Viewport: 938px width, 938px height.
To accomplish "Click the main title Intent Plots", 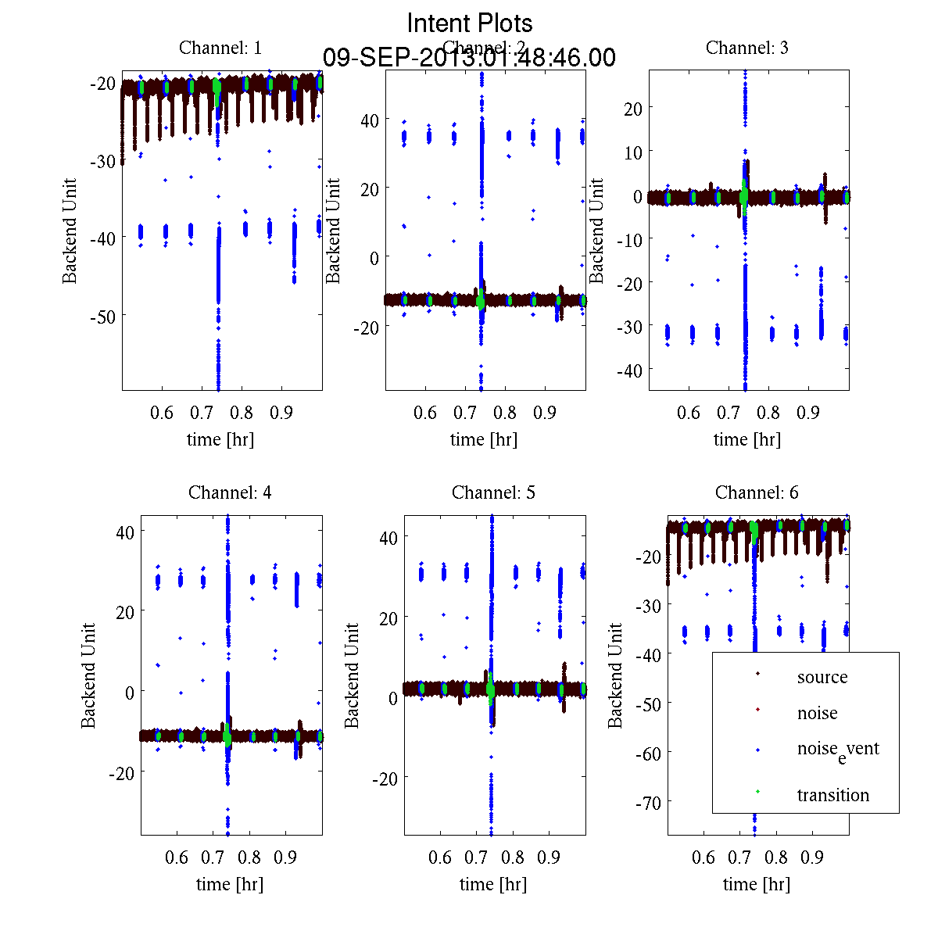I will [x=470, y=23].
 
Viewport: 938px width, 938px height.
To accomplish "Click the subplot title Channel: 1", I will [x=220, y=48].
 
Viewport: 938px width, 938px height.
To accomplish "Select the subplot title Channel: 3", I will [x=746, y=48].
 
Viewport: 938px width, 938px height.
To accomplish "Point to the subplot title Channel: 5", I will [x=493, y=492].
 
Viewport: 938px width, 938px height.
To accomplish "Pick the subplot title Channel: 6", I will [x=757, y=492].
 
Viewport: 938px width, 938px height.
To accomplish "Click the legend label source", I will [x=822, y=677].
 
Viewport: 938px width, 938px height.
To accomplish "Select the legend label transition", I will [x=832, y=795].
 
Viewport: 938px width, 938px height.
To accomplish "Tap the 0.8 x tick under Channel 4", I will [x=249, y=857].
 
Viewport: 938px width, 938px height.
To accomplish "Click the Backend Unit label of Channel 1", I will [x=70, y=231].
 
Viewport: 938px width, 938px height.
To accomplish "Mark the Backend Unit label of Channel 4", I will [x=88, y=675].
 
